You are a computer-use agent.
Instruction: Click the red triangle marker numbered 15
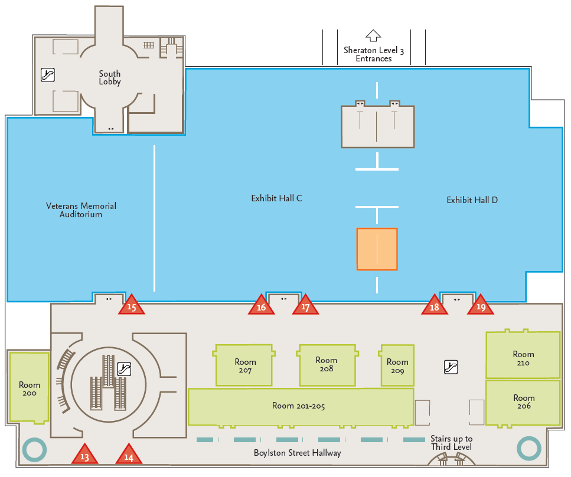tap(132, 306)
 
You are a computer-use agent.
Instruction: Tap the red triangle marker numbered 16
tap(261, 306)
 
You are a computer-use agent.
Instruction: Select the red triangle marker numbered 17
tap(305, 306)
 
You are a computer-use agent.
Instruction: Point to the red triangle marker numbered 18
tap(434, 306)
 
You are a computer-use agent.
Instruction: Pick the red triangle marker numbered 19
tap(481, 306)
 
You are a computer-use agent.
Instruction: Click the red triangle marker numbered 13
tap(84, 455)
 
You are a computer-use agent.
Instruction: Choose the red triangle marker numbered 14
tap(129, 455)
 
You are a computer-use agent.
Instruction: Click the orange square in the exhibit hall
tap(377, 249)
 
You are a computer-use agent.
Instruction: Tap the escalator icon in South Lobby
tap(48, 74)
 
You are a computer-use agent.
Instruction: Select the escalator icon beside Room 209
tap(451, 367)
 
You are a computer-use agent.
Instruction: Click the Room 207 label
tap(245, 366)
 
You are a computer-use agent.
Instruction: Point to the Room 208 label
tap(326, 364)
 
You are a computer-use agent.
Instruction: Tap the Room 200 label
tap(30, 389)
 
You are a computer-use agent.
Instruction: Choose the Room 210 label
tap(523, 358)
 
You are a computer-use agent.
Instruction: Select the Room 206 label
tap(524, 402)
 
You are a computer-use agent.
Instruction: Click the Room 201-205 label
tap(298, 406)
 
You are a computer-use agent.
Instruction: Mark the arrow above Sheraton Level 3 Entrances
tap(373, 36)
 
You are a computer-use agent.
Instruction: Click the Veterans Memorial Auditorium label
tap(81, 210)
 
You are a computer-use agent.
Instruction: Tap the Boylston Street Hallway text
tap(297, 453)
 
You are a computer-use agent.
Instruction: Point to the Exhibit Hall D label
tap(472, 200)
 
